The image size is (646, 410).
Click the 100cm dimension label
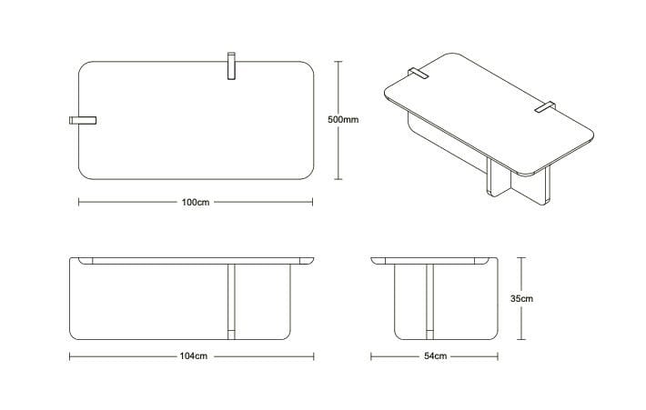[196, 201]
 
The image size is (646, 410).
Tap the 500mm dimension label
[342, 120]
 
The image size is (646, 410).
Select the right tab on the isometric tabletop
[547, 108]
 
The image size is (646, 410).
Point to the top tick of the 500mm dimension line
[338, 61]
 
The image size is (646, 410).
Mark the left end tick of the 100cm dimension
[78, 201]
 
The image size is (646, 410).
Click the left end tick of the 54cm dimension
[371, 356]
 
